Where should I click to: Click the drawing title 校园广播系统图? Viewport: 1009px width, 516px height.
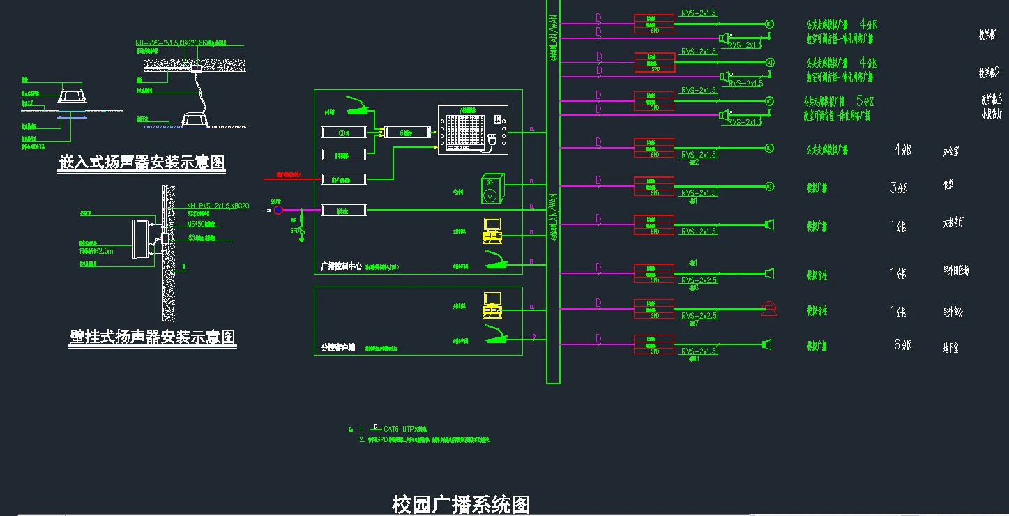[461, 504]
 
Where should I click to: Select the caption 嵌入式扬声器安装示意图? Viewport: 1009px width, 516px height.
[142, 162]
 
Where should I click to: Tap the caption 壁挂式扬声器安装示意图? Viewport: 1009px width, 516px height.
[153, 337]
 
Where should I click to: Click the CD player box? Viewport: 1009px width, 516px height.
[344, 132]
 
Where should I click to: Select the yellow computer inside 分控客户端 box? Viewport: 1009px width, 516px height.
[492, 302]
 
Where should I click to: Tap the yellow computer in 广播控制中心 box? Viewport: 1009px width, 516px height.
[492, 229]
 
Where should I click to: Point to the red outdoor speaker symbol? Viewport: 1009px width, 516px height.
[769, 309]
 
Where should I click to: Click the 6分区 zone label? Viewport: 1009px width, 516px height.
[902, 344]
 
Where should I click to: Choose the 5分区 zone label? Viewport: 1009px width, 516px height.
[864, 100]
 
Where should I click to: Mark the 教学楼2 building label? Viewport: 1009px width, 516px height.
[989, 73]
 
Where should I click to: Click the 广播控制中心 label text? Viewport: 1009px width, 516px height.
[340, 266]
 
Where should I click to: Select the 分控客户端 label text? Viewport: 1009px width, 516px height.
[337, 347]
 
